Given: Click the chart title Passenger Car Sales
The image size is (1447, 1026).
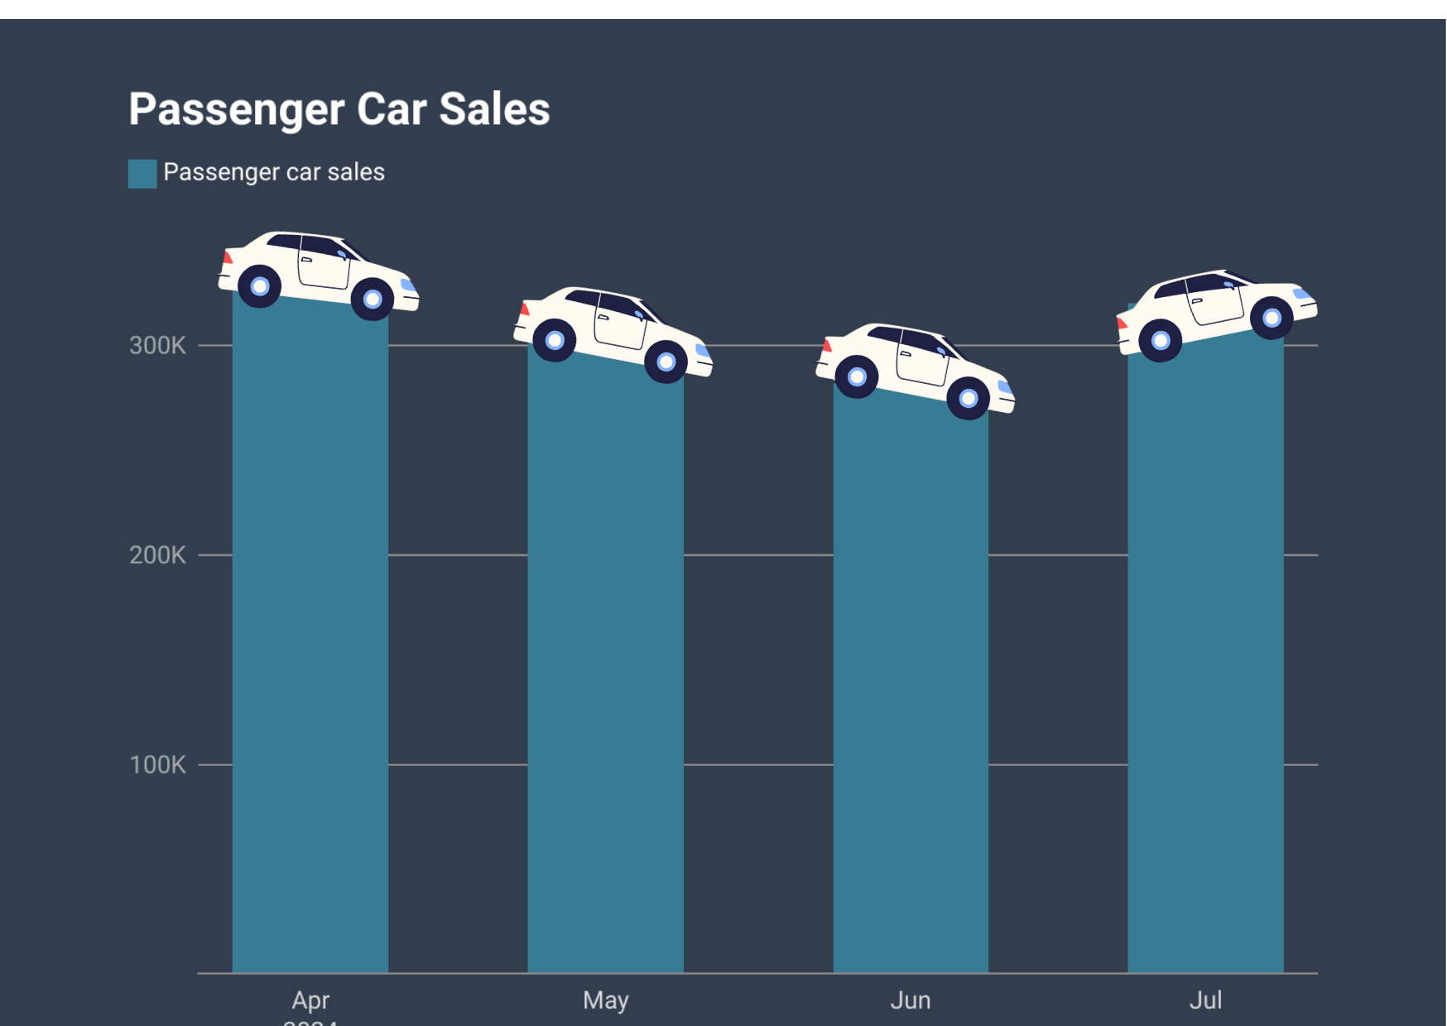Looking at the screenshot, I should (x=339, y=109).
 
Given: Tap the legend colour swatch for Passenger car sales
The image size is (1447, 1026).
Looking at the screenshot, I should (x=142, y=174).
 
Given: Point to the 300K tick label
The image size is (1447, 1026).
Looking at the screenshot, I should (x=157, y=346).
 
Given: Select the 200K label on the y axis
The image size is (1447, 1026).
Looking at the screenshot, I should (x=157, y=555).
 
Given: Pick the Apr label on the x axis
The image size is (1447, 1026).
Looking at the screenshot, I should (x=310, y=1000).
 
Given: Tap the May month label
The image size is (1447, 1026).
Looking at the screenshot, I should (x=606, y=1000).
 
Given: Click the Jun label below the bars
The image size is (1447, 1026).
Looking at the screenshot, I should (x=911, y=1000).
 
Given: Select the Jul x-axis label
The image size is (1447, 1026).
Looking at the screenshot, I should (x=1205, y=1000).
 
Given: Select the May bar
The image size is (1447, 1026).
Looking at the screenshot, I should (x=606, y=662).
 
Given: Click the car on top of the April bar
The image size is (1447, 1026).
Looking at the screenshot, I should (x=319, y=269).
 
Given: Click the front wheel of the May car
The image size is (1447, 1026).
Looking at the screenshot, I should (x=666, y=362).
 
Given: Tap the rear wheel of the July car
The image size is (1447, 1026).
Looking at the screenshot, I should (x=1161, y=340).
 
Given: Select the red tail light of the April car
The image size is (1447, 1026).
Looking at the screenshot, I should (x=228, y=258).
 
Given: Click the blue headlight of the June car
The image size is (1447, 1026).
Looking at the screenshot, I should (x=1005, y=387).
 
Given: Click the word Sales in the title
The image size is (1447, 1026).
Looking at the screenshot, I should (x=494, y=109).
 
